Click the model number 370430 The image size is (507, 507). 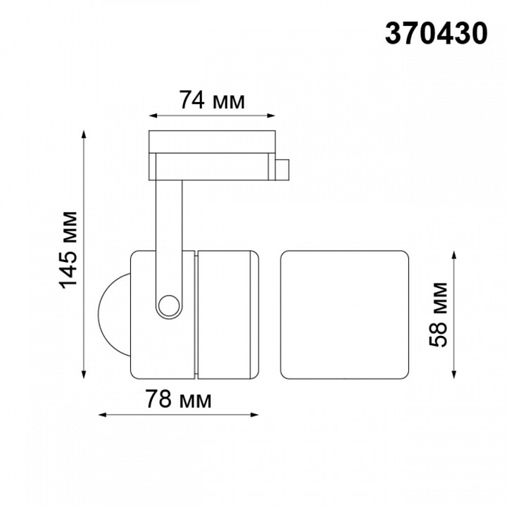436,32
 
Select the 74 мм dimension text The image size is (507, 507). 211,101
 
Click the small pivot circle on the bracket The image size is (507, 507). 168,305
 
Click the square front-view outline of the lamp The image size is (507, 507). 344,313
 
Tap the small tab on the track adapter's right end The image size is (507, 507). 283,170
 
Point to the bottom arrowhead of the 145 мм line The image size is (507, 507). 85,374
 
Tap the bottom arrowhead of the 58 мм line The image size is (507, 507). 457,373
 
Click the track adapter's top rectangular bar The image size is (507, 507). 211,141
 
